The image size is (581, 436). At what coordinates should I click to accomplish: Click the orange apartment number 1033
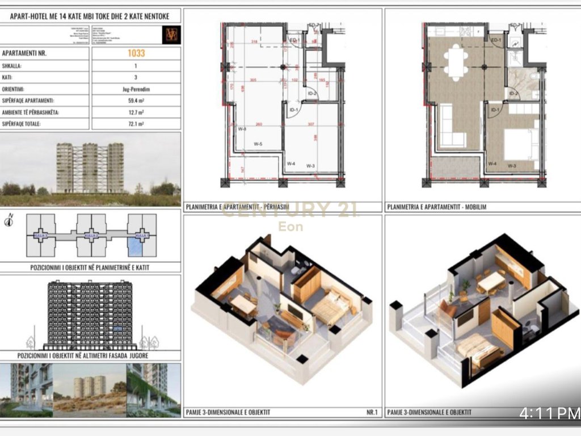tap(136, 53)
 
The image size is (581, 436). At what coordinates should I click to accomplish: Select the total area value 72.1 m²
tap(136, 123)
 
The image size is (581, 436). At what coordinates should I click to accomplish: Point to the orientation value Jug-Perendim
tap(136, 89)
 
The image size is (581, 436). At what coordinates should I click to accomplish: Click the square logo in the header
tap(171, 34)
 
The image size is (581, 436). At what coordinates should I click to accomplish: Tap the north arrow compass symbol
tap(9, 220)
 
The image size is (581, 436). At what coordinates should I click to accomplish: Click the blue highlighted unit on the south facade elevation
tap(117, 328)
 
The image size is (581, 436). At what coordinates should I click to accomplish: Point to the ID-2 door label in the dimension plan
tap(311, 94)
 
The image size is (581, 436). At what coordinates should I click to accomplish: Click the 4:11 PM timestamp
tap(549, 413)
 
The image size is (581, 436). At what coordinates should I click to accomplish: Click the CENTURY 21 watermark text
tap(290, 210)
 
